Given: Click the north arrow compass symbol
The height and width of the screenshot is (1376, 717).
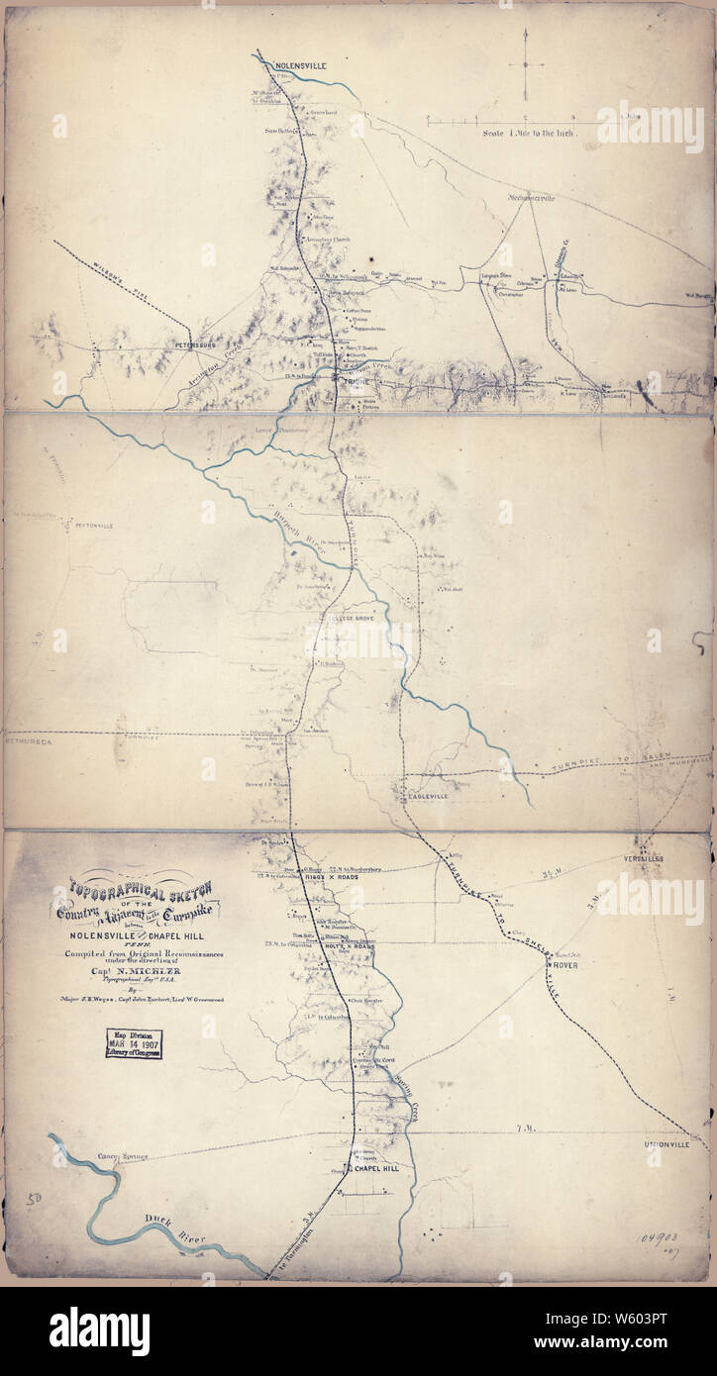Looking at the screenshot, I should click(x=525, y=63).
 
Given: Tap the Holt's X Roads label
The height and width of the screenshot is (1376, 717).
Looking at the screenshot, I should click(x=348, y=945).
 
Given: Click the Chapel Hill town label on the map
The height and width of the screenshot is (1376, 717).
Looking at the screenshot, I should click(x=376, y=1169).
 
